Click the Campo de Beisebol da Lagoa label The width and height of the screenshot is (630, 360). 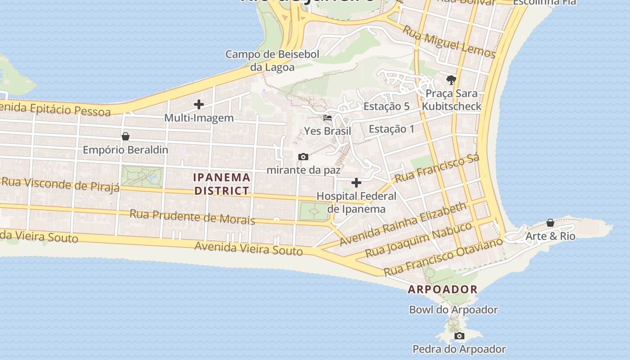coord(272,61)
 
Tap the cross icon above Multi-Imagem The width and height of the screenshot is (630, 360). coord(199,105)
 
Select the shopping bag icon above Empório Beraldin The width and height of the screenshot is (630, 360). coord(126,136)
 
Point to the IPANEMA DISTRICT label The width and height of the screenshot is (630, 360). coord(221,184)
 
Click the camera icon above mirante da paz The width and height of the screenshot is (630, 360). coord(303,157)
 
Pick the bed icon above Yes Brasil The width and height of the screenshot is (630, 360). coord(328,118)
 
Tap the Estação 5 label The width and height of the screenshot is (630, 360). coord(387,107)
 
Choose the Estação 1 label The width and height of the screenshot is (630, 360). coord(391,129)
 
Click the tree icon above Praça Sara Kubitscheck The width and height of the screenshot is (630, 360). coord(451,80)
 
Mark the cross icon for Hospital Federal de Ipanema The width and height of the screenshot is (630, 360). coord(356,183)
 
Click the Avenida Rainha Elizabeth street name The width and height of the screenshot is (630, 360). coord(403,224)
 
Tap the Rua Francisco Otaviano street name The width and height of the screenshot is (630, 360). coord(443,256)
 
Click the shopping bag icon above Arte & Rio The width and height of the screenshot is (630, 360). coord(550,223)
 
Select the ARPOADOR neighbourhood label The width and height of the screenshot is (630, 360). coord(442,289)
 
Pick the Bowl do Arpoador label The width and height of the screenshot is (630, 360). coord(453,310)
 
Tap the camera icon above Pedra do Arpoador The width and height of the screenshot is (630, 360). coord(459,336)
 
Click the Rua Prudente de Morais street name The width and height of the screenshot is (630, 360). coord(192,217)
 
